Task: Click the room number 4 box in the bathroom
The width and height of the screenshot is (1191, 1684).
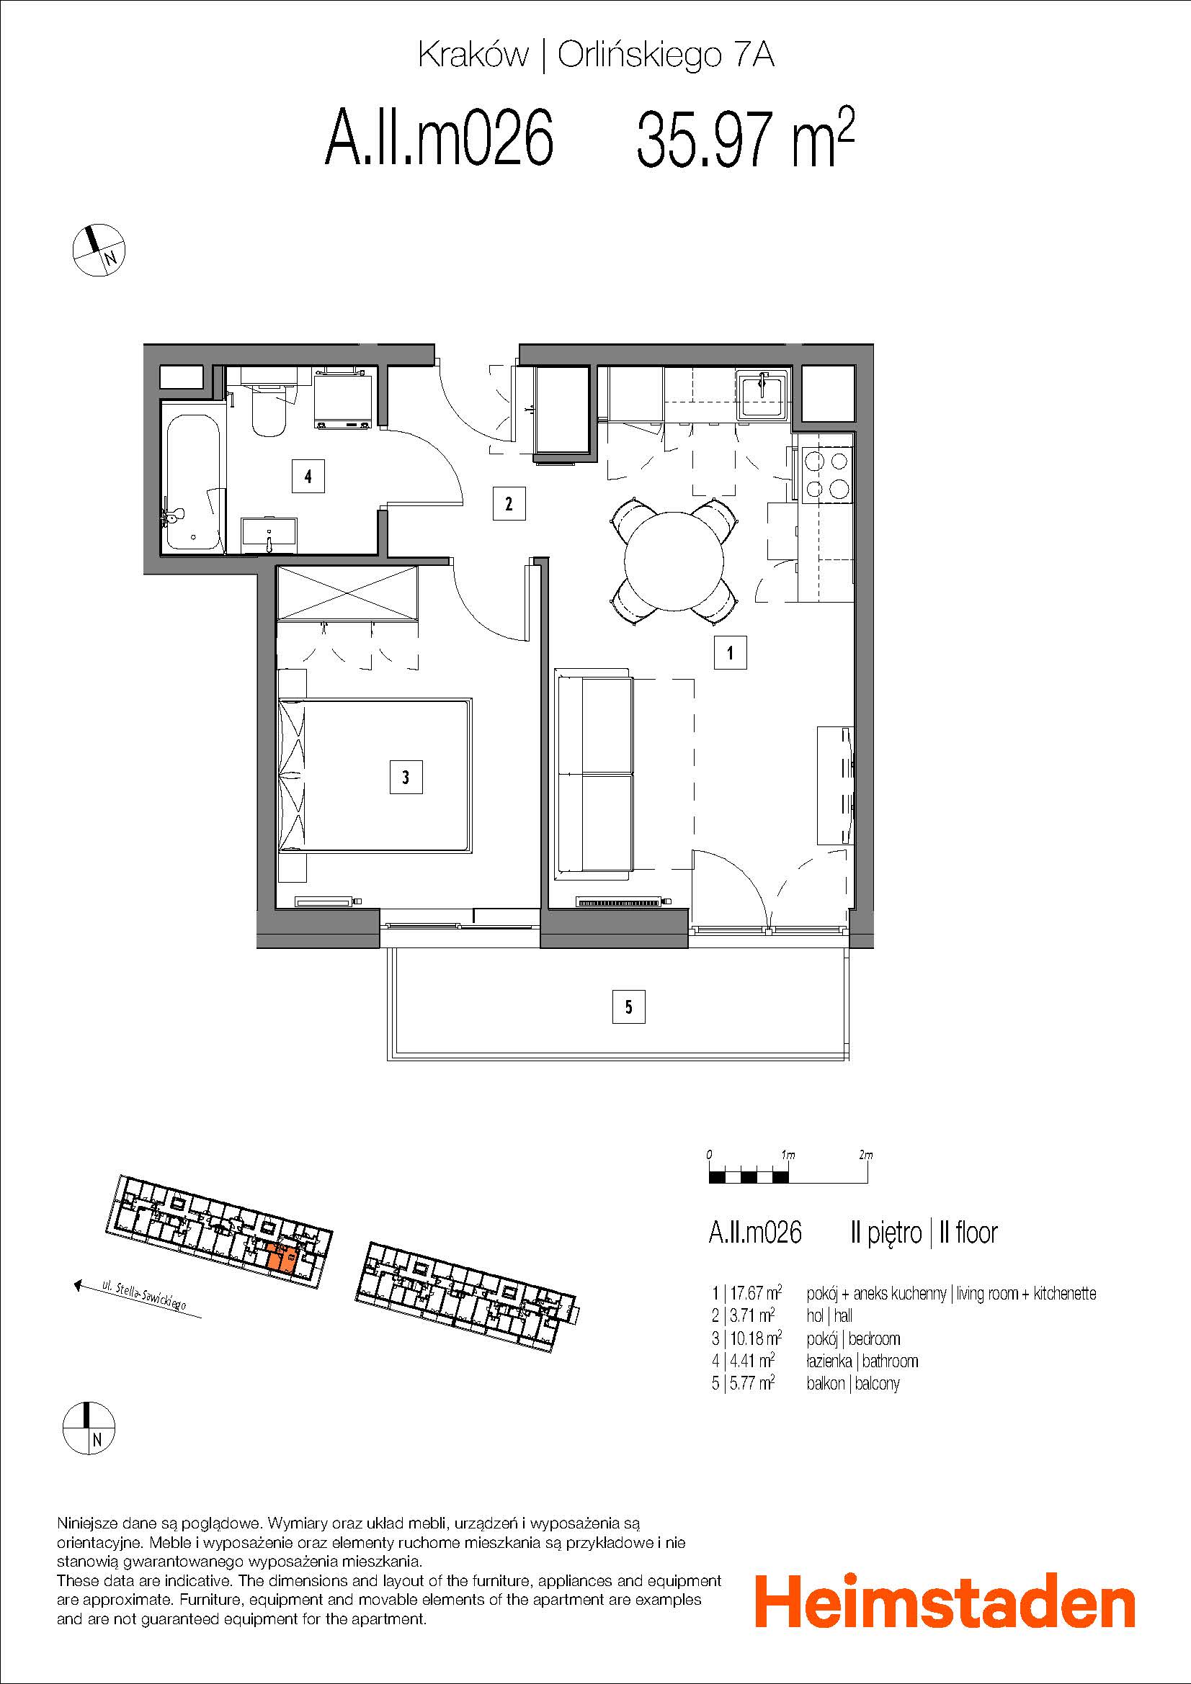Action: pos(308,476)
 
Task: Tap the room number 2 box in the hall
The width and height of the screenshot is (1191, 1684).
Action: pos(509,503)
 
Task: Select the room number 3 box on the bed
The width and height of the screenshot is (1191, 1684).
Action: pos(405,777)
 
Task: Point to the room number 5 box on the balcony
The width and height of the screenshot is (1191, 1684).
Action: pos(628,1007)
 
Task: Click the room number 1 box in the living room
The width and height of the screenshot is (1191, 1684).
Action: pos(730,652)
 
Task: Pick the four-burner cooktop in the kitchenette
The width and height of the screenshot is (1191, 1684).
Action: pos(828,475)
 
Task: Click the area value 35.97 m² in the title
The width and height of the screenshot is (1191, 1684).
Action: pos(746,138)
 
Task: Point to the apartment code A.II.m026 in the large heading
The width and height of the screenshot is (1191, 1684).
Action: pos(439,138)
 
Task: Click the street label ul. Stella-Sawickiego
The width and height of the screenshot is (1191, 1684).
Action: pos(144,1296)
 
